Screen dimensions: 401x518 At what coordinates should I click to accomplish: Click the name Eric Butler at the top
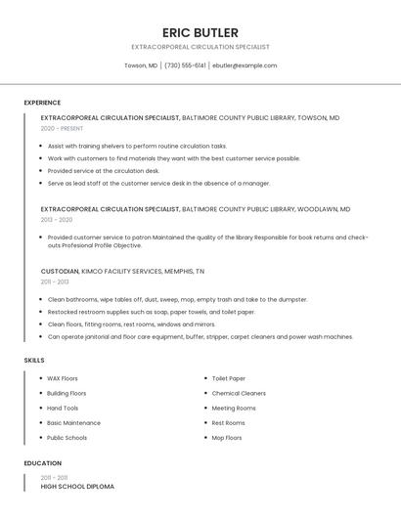click(x=200, y=32)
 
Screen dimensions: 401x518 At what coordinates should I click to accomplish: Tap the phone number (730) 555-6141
click(x=185, y=65)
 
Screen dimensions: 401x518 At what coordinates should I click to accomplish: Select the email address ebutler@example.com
click(x=245, y=65)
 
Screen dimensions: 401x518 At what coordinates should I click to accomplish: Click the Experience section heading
click(x=42, y=103)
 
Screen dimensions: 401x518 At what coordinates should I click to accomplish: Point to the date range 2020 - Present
click(x=62, y=129)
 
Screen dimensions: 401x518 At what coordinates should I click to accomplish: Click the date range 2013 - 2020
click(x=57, y=220)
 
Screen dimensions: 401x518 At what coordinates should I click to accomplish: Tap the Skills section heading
click(x=34, y=361)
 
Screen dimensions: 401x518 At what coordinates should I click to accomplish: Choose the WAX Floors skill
click(x=63, y=378)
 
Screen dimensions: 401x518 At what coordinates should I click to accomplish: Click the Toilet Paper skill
click(x=229, y=378)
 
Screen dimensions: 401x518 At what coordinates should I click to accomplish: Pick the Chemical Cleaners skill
click(x=239, y=393)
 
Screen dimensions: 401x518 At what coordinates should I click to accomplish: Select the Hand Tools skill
click(x=63, y=408)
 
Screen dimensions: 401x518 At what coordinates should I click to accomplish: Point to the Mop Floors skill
click(x=227, y=438)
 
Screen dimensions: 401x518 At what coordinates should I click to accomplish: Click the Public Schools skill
click(x=67, y=438)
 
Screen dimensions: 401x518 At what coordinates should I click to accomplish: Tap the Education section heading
click(x=42, y=463)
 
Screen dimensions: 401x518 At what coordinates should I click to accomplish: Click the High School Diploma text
click(x=77, y=487)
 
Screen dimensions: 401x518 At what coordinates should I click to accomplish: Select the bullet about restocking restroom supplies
click(x=152, y=312)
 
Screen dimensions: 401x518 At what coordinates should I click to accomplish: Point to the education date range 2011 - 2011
click(x=55, y=478)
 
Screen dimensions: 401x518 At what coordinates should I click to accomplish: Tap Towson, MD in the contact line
click(x=141, y=65)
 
